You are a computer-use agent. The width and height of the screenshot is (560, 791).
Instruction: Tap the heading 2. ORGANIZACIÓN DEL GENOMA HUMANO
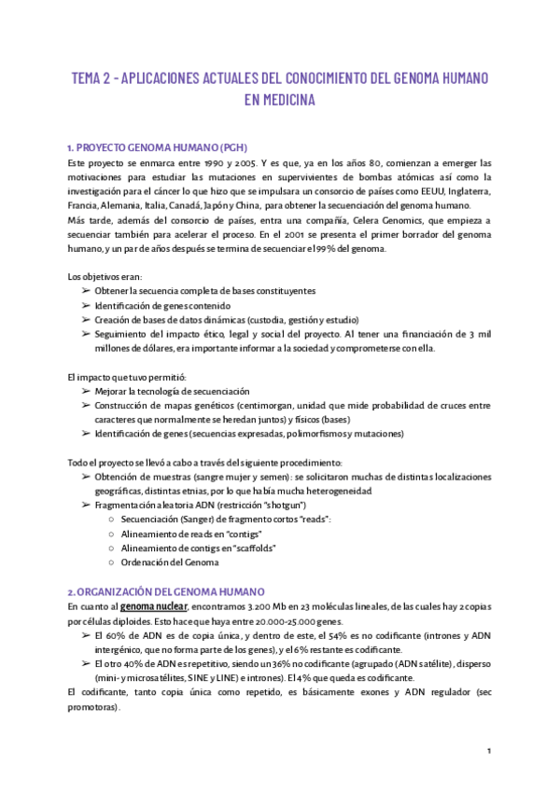pos(166,591)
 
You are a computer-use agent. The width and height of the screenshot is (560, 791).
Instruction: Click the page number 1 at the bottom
pos(488,751)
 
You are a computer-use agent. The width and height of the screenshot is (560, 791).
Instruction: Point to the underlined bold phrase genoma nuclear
pos(154,606)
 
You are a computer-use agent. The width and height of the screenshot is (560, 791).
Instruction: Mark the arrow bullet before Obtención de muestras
pos(86,476)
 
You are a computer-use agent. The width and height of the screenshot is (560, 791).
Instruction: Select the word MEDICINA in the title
pos(280,100)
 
